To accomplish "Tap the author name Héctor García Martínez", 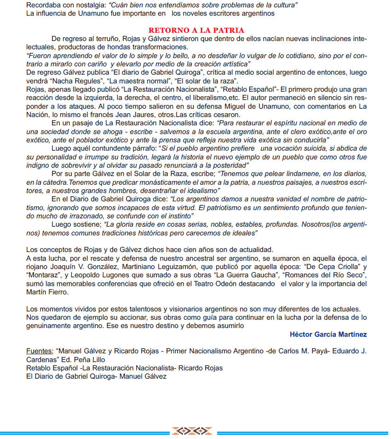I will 328,334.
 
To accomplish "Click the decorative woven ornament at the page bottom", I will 192,431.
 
